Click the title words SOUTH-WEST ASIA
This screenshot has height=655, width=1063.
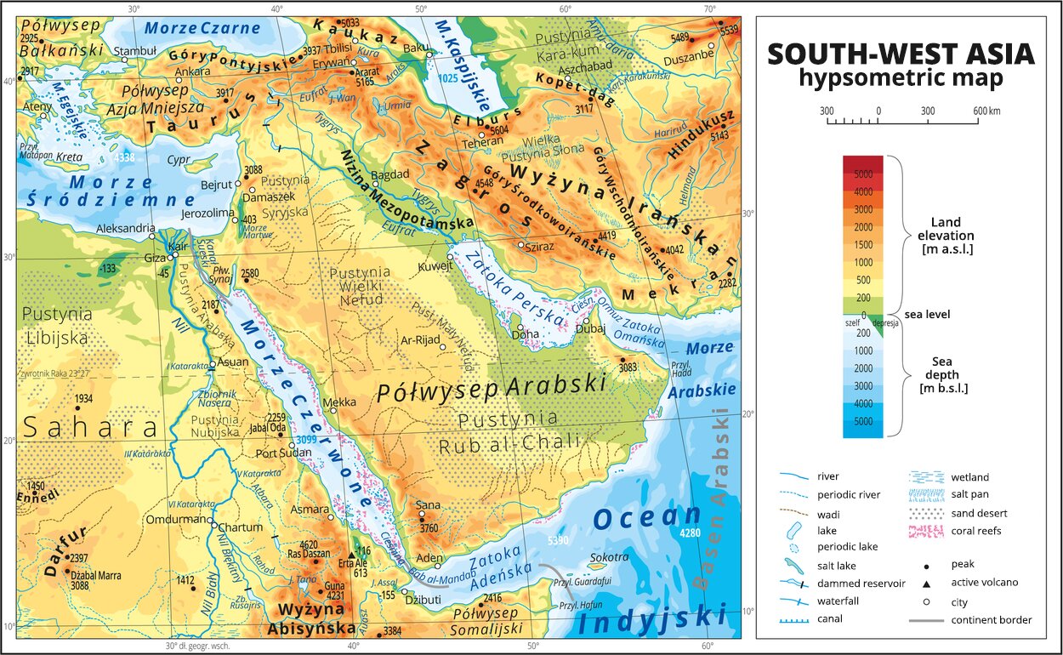[901, 54]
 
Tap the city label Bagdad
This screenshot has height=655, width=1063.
[390, 174]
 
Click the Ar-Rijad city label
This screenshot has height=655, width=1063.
[418, 339]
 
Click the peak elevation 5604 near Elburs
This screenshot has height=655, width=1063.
[498, 129]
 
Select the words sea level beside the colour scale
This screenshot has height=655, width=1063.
[928, 315]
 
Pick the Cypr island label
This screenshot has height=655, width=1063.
[179, 159]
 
